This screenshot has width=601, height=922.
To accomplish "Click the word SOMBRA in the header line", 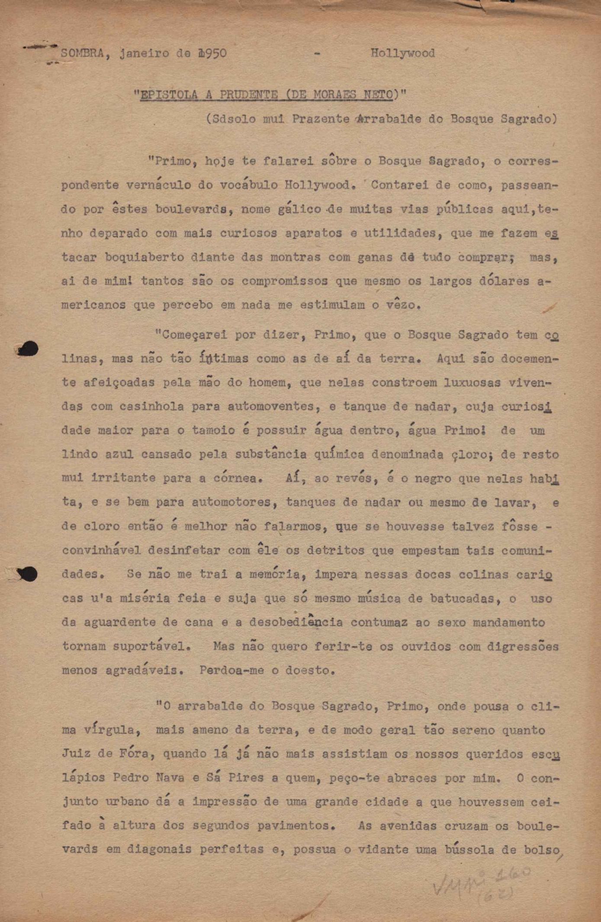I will tap(82, 53).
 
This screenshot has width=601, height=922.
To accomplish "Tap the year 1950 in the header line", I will tap(212, 53).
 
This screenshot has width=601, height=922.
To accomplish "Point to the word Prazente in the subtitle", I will tap(321, 119).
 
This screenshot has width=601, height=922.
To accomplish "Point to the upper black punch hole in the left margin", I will tap(28, 349).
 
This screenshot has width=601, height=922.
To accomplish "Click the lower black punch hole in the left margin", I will tap(29, 574).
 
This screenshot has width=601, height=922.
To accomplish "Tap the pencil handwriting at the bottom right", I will tap(480, 883).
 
